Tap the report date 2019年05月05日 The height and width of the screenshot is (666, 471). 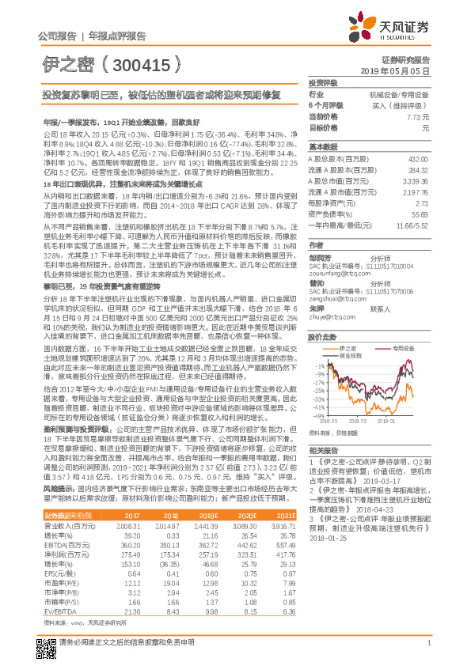tap(401, 71)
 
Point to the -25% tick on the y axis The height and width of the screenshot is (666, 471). tap(317, 390)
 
